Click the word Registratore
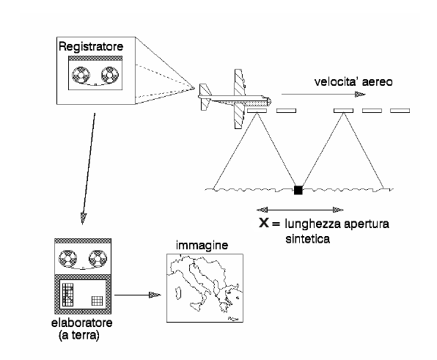[x=91, y=46]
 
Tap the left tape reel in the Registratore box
[x=81, y=75]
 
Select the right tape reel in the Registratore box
[x=110, y=75]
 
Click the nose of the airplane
[x=269, y=101]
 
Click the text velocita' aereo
[x=353, y=82]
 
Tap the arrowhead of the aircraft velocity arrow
[x=360, y=94]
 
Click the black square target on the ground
[x=298, y=190]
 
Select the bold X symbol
[x=264, y=223]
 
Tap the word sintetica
[x=308, y=239]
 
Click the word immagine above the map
[x=202, y=245]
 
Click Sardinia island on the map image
[x=178, y=293]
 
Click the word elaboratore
[x=82, y=323]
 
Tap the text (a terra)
[x=79, y=335]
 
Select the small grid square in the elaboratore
[x=98, y=301]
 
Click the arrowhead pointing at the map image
[x=155, y=295]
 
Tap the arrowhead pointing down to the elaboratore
[x=83, y=218]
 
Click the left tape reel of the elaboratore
[x=67, y=258]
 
